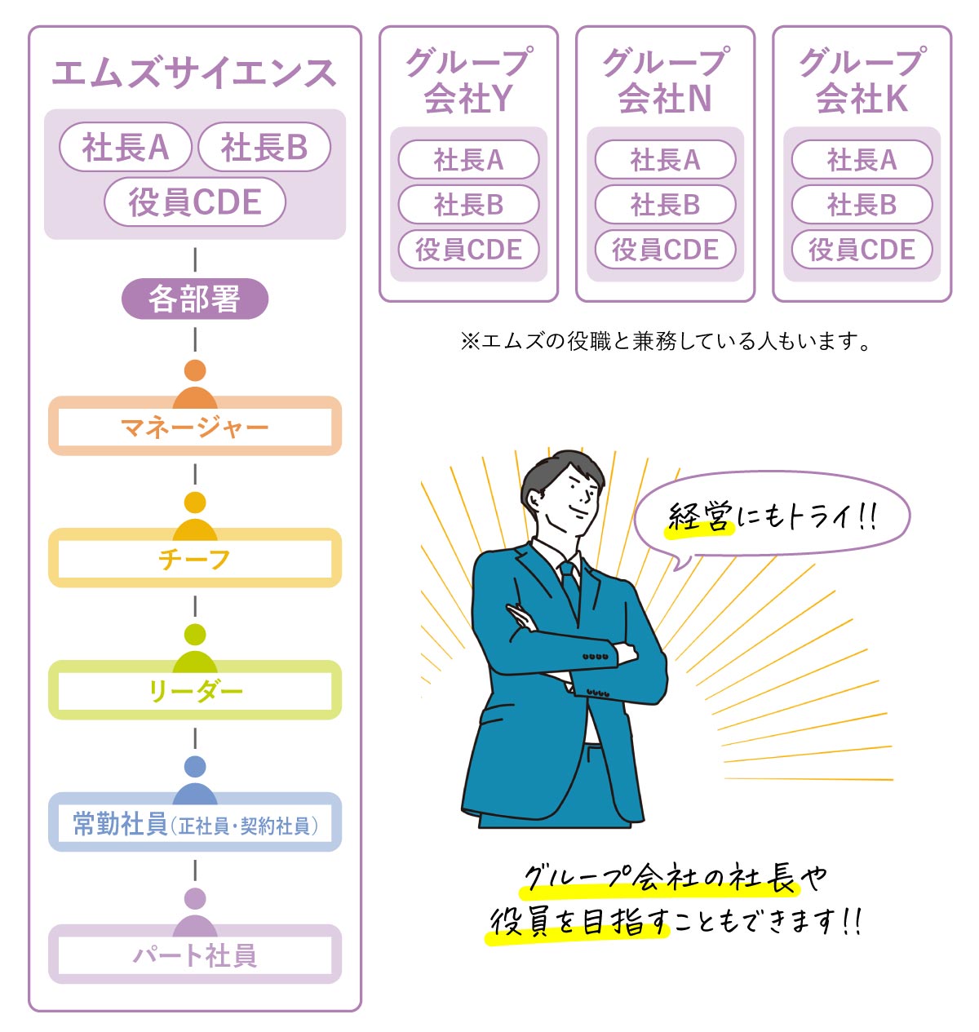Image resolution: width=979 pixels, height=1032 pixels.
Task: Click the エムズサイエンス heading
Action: pos(193,73)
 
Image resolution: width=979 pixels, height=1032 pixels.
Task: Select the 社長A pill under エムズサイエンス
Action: pos(126,147)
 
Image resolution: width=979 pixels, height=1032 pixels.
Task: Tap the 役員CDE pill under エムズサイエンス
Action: pos(195,202)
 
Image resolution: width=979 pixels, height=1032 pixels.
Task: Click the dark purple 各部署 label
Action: pos(195,299)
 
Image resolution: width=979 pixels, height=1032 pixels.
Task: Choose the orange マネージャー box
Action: pos(195,426)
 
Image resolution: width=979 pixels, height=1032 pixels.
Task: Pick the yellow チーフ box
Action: pos(195,558)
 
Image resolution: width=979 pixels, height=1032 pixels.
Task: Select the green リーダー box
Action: pos(195,689)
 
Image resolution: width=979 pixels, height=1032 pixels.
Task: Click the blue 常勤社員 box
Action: pos(195,822)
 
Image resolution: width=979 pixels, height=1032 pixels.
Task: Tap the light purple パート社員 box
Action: pos(195,954)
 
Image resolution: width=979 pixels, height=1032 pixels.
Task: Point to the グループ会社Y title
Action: pos(468,80)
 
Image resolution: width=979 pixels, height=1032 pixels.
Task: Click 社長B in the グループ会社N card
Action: pos(665,204)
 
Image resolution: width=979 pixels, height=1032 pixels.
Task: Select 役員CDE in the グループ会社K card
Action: pos(862,250)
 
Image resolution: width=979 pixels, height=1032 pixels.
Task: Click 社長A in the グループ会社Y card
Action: pos(468,160)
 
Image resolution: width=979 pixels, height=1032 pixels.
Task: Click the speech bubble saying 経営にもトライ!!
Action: pos(772,517)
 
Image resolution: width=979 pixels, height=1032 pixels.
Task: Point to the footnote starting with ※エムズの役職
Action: pos(665,341)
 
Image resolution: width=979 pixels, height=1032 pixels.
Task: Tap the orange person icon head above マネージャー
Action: pos(195,370)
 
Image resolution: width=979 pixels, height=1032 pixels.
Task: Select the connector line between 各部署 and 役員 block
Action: pos(195,259)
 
